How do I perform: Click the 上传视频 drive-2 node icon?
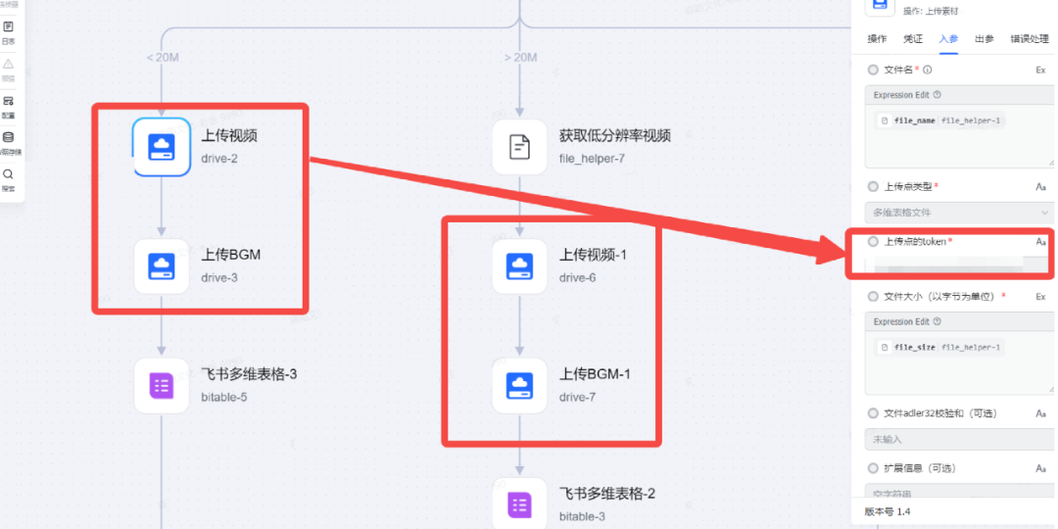coord(162,147)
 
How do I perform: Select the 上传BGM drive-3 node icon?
coord(162,265)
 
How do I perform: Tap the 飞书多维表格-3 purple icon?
coord(162,385)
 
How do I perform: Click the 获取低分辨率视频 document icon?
coord(519,147)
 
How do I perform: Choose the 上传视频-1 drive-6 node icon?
coord(519,265)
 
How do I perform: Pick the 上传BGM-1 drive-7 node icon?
coord(519,385)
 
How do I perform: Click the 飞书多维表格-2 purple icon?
coord(519,505)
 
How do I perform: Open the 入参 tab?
coord(947,39)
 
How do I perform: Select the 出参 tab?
coord(985,39)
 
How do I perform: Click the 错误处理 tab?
coord(1031,39)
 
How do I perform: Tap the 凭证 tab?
coord(912,39)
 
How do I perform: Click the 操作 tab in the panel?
coord(877,39)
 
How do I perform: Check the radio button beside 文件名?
coord(872,71)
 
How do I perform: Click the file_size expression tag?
coord(915,347)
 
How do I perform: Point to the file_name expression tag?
coord(915,120)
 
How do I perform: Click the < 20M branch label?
coord(163,58)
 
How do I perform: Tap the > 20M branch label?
coord(520,58)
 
